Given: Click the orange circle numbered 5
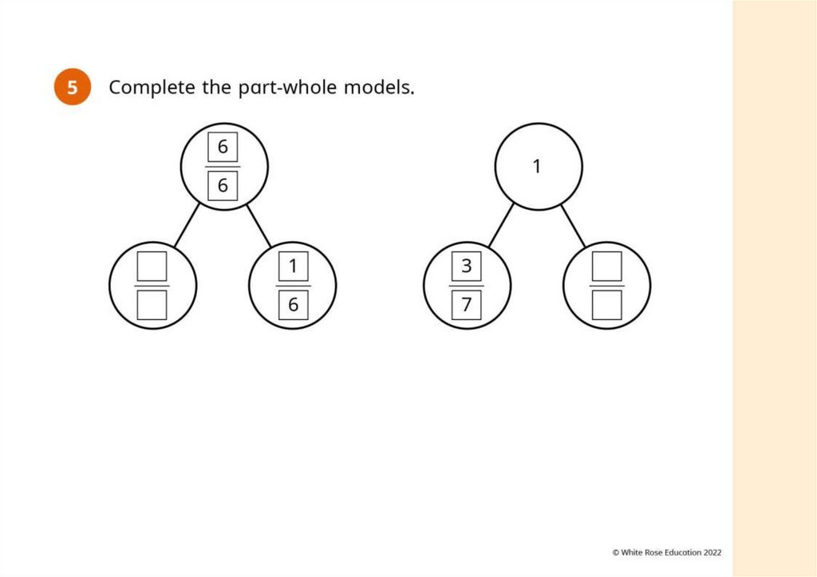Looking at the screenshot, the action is tap(73, 87).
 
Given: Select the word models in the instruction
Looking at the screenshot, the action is tap(379, 87).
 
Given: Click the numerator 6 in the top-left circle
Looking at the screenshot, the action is tap(223, 148).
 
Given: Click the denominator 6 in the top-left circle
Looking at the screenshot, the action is tap(223, 186).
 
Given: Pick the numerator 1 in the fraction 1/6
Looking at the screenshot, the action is tap(293, 267).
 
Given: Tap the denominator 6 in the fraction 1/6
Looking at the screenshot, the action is tap(293, 305).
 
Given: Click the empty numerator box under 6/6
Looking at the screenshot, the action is tap(152, 267).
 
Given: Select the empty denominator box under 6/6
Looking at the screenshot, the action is tap(152, 305).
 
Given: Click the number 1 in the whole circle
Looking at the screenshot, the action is tap(537, 167).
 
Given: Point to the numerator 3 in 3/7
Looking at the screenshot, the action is tap(466, 267).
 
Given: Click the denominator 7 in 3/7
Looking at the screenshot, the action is tap(466, 305).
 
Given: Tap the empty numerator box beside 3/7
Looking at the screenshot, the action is tap(606, 267).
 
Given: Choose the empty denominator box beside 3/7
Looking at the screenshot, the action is tap(606, 305).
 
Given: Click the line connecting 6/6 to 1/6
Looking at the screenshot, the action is tap(259, 226).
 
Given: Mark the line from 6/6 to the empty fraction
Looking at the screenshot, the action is tap(186, 226).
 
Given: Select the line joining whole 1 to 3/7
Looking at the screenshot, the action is tap(501, 226).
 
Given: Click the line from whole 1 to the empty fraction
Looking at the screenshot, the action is tap(573, 226).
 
